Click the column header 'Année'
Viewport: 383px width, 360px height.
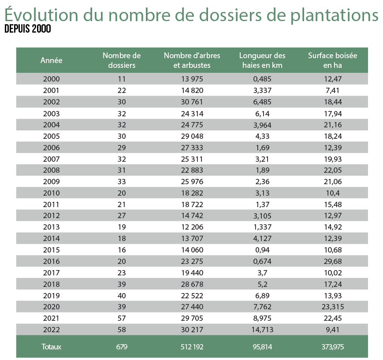(x=52, y=60)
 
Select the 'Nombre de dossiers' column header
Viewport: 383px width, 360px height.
(x=122, y=60)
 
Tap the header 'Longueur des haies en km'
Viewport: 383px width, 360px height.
(x=262, y=60)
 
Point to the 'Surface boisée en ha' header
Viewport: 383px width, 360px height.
(x=332, y=60)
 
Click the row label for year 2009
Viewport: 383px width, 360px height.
(x=52, y=181)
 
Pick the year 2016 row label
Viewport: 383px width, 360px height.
(x=52, y=261)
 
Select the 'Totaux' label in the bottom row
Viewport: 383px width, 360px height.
(x=52, y=347)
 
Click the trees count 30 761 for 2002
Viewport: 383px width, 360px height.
(x=192, y=102)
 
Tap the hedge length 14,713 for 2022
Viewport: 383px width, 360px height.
(x=262, y=330)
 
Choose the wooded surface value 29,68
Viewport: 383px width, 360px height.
(x=332, y=261)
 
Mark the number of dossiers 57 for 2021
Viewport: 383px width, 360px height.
(x=122, y=318)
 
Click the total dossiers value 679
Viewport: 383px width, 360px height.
(x=122, y=347)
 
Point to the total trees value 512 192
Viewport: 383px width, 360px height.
(x=192, y=347)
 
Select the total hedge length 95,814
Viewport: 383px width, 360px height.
(x=262, y=347)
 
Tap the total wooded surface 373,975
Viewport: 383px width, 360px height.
(x=332, y=347)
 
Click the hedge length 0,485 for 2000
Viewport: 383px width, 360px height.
(x=262, y=79)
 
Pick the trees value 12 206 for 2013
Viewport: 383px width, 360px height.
(x=192, y=227)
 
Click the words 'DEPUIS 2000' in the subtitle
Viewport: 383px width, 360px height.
(x=27, y=30)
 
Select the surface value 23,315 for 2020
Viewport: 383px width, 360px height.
(x=332, y=307)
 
